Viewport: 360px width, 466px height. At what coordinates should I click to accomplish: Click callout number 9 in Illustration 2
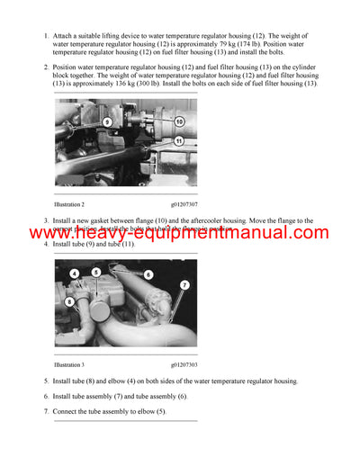(x=106, y=121)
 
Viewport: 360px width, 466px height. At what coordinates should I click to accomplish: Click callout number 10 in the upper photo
(x=179, y=121)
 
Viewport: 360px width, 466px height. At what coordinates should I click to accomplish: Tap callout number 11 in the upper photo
(x=179, y=141)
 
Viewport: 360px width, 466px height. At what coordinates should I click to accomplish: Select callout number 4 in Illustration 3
(x=73, y=273)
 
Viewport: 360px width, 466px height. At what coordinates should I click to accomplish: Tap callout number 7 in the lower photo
(x=184, y=285)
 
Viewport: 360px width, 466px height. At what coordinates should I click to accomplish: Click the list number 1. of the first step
(x=47, y=35)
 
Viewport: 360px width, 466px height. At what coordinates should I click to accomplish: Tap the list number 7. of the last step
(x=47, y=411)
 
